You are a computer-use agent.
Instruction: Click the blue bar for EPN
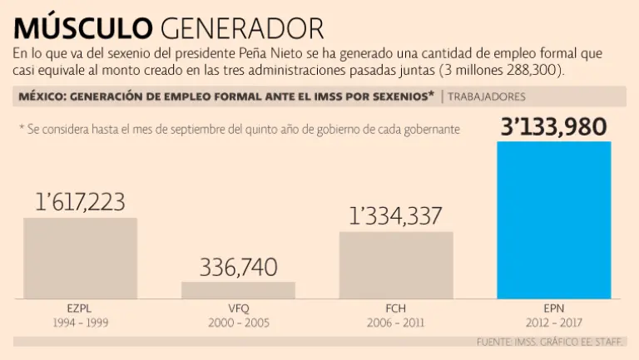553,220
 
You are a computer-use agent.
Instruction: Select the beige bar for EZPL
80,258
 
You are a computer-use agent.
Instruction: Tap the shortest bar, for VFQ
238,289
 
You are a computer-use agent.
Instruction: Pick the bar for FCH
396,264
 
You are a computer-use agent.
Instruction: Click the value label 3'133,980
553,126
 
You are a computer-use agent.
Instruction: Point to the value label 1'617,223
80,202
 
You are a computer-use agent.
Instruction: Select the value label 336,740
238,267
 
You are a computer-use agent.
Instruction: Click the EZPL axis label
80,308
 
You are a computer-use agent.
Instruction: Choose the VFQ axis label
238,308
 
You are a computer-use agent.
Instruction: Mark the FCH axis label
396,308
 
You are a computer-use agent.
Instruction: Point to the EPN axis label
553,308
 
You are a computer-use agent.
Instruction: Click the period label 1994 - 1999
80,322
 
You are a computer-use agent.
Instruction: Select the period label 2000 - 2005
238,322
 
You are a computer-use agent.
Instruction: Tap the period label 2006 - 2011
396,322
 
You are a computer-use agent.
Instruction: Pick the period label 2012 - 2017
553,322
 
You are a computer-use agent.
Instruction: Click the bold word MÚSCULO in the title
82,27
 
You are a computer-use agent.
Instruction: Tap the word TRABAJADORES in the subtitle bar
487,96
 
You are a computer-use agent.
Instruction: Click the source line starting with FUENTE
552,342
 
